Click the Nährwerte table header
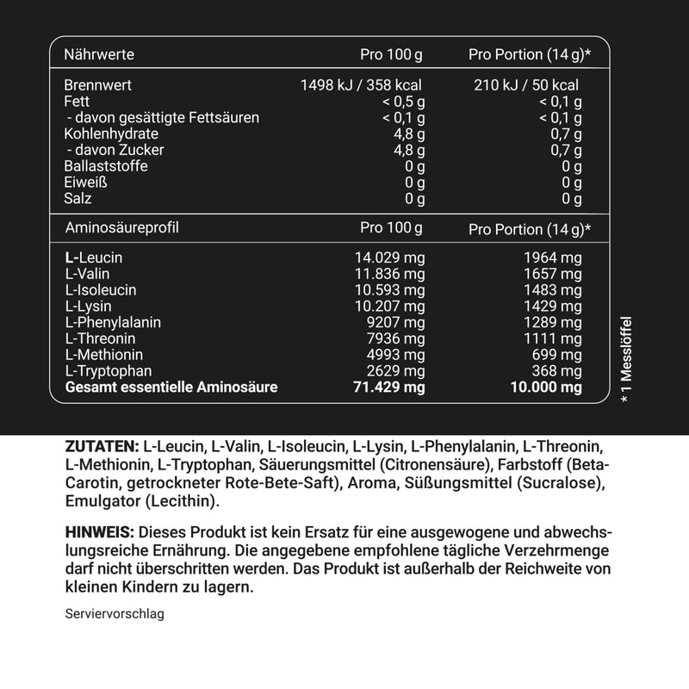(x=99, y=55)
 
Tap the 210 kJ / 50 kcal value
(x=526, y=85)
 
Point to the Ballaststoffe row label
(x=105, y=166)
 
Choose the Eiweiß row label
(x=85, y=183)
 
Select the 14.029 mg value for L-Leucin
(x=390, y=258)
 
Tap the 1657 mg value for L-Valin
(x=553, y=274)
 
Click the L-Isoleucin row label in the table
(x=100, y=290)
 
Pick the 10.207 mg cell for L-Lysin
(x=390, y=306)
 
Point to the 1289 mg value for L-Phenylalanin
(x=553, y=322)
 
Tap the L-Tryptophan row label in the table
(x=107, y=371)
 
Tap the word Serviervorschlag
(x=114, y=615)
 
